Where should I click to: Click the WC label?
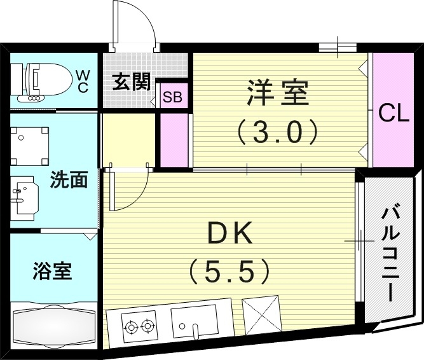pos(83,81)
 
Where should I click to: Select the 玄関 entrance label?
pos(132,83)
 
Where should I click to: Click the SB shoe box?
pos(172,97)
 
